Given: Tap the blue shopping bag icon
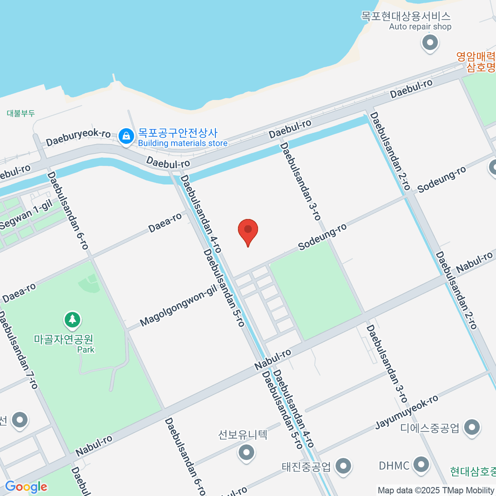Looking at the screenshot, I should pos(126,136).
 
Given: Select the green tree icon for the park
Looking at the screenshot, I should pos(73,320).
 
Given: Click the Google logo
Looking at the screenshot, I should pos(26,487).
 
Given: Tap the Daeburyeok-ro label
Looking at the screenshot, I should pos(78,137).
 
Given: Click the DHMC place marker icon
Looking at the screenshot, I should pos(421,465).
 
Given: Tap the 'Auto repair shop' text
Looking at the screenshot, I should pos(420,26).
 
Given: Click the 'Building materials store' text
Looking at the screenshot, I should pos(183,143).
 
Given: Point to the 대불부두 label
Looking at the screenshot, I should pos(21,113).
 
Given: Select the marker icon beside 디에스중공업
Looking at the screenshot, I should pos(472,427).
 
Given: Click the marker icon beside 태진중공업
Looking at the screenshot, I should pos(343,466).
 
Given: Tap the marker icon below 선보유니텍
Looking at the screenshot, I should pos(246,452).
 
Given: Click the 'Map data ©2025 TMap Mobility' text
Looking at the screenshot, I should pos(436,490).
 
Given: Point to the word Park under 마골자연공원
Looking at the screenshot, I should pos(86,350).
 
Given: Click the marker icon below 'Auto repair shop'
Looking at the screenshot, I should pos(430,43).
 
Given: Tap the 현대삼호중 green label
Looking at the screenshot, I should pos(472,471).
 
